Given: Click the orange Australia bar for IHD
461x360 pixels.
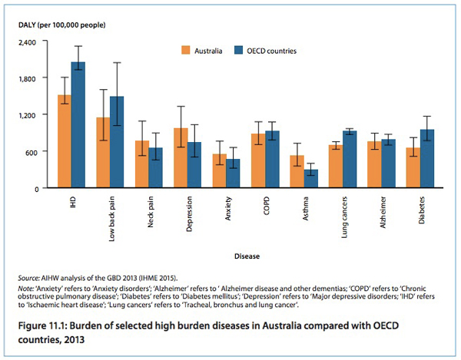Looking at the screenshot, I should tap(65, 142).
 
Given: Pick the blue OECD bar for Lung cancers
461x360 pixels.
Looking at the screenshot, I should tap(350, 160).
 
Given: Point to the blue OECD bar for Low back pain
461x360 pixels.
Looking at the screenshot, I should tap(117, 142).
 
